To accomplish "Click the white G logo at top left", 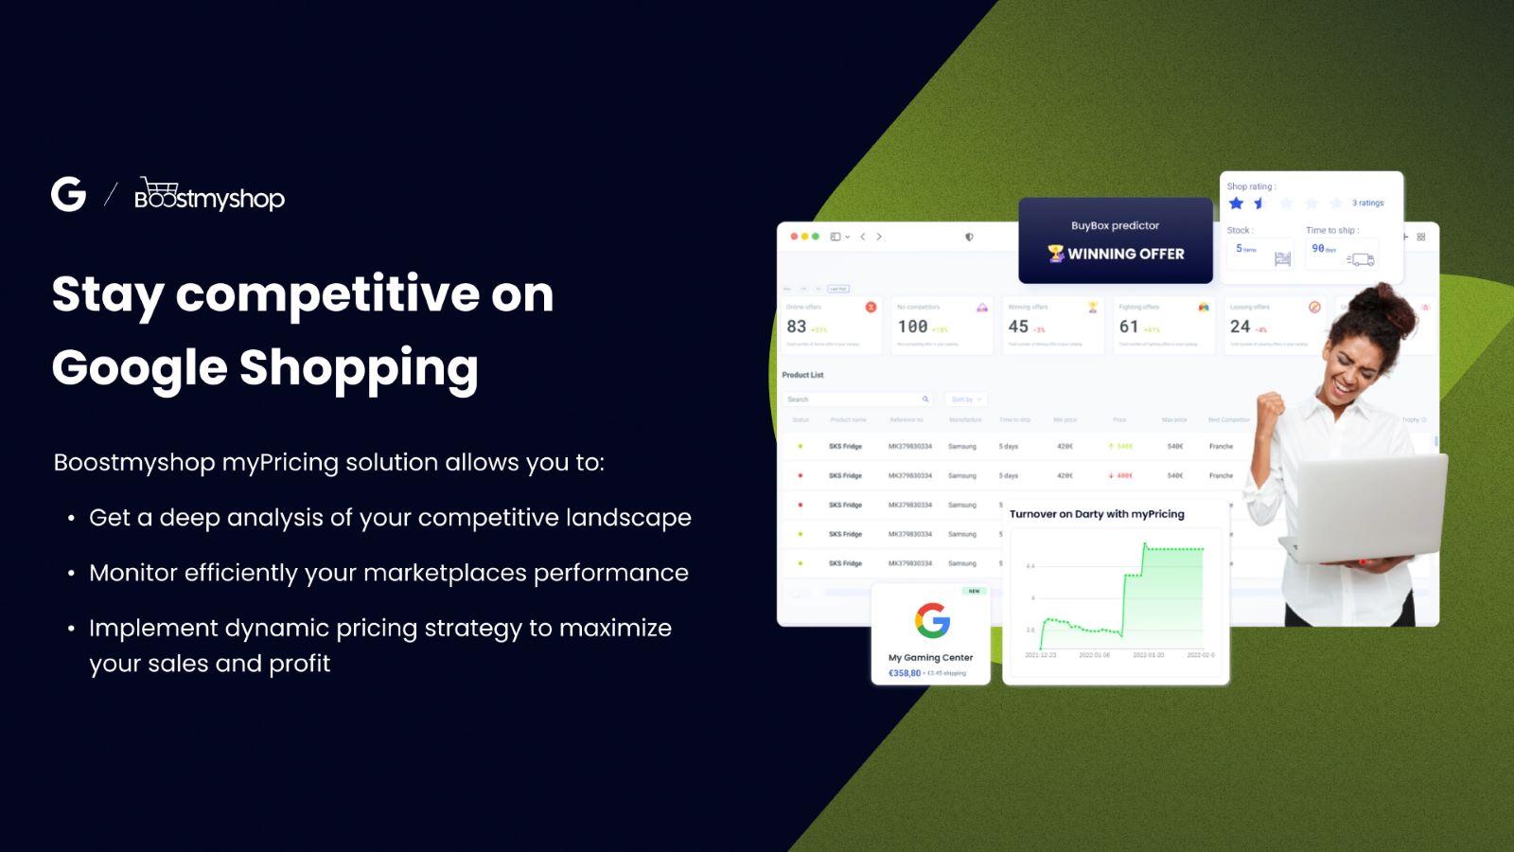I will pos(68,194).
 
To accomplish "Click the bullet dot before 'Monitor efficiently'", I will pos(71,574).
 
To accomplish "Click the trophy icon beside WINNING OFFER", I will pos(1055,253).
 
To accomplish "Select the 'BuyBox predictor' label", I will pos(1115,225).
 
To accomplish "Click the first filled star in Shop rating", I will pos(1236,204).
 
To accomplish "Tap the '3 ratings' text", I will pos(1367,203).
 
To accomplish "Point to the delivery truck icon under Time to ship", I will pos(1361,258).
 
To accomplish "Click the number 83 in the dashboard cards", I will pos(797,327).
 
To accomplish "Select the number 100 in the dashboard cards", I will pos(912,327).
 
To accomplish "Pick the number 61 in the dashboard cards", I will pos(1129,327).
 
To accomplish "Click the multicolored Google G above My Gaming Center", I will pos(932,621).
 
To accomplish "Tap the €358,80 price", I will pos(905,673).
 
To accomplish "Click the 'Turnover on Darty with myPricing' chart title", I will pos(1097,514).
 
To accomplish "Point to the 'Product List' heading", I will pos(802,375).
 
